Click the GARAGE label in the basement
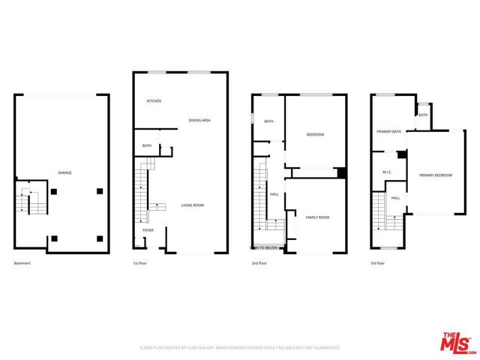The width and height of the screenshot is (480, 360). pyautogui.click(x=65, y=173)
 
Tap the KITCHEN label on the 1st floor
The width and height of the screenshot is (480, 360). pyautogui.click(x=154, y=101)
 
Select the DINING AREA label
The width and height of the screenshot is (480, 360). pyautogui.click(x=199, y=120)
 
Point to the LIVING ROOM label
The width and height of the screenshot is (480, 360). pyautogui.click(x=193, y=205)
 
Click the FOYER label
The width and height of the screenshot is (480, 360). pyautogui.click(x=148, y=230)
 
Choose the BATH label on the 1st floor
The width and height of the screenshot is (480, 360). pyautogui.click(x=147, y=145)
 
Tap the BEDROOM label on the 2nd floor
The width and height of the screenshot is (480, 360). pyautogui.click(x=315, y=134)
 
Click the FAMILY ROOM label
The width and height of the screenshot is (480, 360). pyautogui.click(x=317, y=217)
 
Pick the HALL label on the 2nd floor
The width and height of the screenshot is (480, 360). pyautogui.click(x=274, y=194)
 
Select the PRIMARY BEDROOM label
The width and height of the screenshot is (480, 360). pyautogui.click(x=436, y=175)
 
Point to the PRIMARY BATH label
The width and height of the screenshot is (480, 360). pyautogui.click(x=389, y=131)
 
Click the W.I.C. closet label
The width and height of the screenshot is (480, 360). pyautogui.click(x=388, y=172)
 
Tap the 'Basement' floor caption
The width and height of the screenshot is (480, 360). pyautogui.click(x=23, y=263)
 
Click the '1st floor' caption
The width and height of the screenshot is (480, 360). pyautogui.click(x=141, y=263)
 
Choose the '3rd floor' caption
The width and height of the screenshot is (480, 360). pyautogui.click(x=377, y=263)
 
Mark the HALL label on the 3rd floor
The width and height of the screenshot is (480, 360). pyautogui.click(x=395, y=198)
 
